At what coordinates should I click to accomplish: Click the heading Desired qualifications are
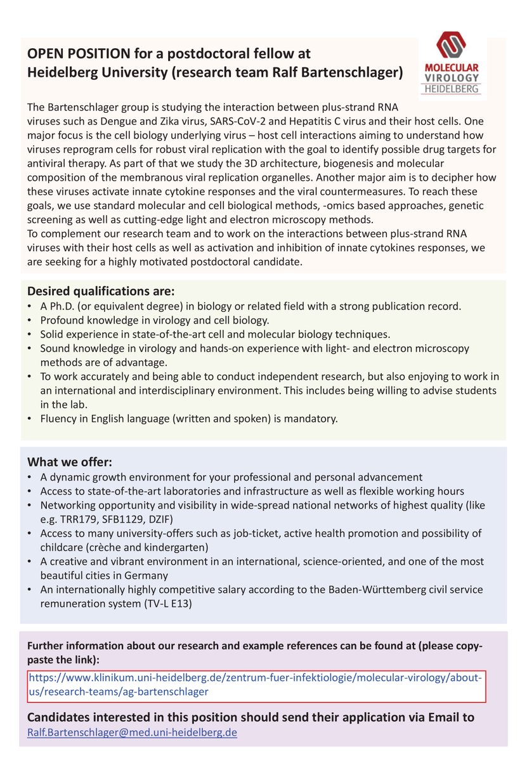pyautogui.click(x=100, y=292)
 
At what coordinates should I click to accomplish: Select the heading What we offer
pyautogui.click(x=70, y=462)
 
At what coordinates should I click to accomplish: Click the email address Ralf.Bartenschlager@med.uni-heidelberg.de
pyautogui.click(x=132, y=732)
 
